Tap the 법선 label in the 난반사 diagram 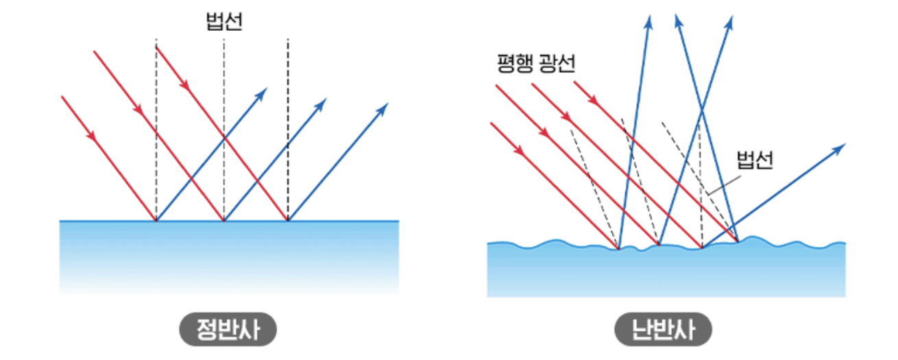755,160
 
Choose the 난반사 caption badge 664,330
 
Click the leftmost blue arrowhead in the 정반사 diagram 261,93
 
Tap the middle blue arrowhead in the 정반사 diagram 321,103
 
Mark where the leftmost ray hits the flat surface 156,221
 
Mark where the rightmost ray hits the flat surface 288,221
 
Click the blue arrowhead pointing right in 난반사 840,148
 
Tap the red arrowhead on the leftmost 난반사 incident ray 518,149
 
